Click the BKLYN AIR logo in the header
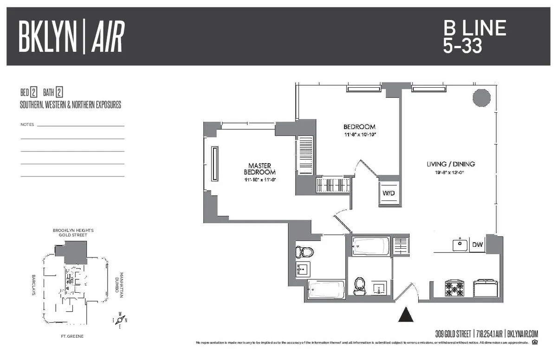click(x=71, y=37)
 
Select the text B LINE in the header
click(x=474, y=28)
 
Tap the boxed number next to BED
click(x=33, y=91)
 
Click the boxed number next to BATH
click(x=59, y=91)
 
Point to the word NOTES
click(x=27, y=125)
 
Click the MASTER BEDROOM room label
click(x=259, y=169)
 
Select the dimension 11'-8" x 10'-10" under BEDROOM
click(x=359, y=135)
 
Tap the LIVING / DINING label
click(x=451, y=164)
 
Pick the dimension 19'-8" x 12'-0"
click(x=446, y=173)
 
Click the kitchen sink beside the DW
click(x=460, y=244)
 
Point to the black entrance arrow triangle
click(x=406, y=315)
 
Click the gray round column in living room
click(x=481, y=97)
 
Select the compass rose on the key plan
click(x=120, y=320)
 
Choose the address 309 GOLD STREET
click(x=453, y=333)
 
